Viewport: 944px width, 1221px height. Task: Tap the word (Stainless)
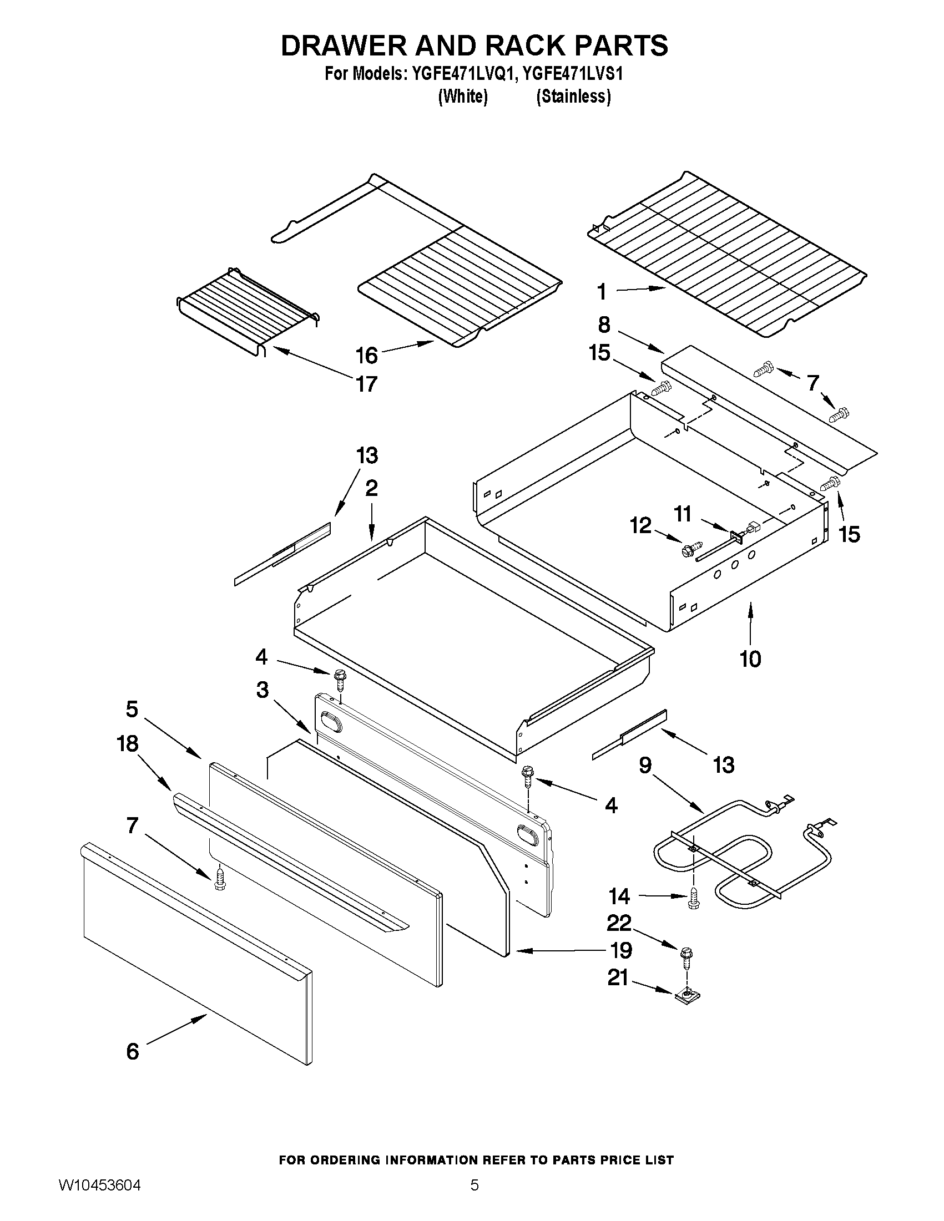573,97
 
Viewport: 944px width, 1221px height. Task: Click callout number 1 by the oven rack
602,291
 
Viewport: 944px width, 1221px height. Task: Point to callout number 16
367,355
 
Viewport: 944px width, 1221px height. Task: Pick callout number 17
367,384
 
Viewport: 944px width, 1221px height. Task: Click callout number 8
604,325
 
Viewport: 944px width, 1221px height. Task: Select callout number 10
750,659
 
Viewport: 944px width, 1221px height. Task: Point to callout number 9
645,765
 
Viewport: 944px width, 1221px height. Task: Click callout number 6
133,1052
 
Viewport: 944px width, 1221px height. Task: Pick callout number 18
128,743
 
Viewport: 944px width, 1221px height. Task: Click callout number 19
620,950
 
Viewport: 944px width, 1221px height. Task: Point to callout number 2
371,488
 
